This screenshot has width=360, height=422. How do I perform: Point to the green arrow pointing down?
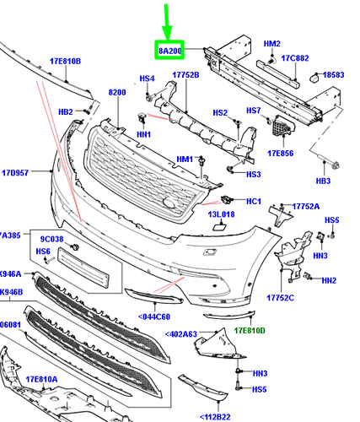(x=167, y=22)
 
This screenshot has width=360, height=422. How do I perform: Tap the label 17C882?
(x=296, y=58)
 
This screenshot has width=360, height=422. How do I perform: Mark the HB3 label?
(x=322, y=181)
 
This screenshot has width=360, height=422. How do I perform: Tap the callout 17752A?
(x=305, y=206)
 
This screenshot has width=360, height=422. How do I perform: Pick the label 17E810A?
(x=41, y=379)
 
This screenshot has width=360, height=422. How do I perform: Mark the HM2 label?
(x=272, y=43)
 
